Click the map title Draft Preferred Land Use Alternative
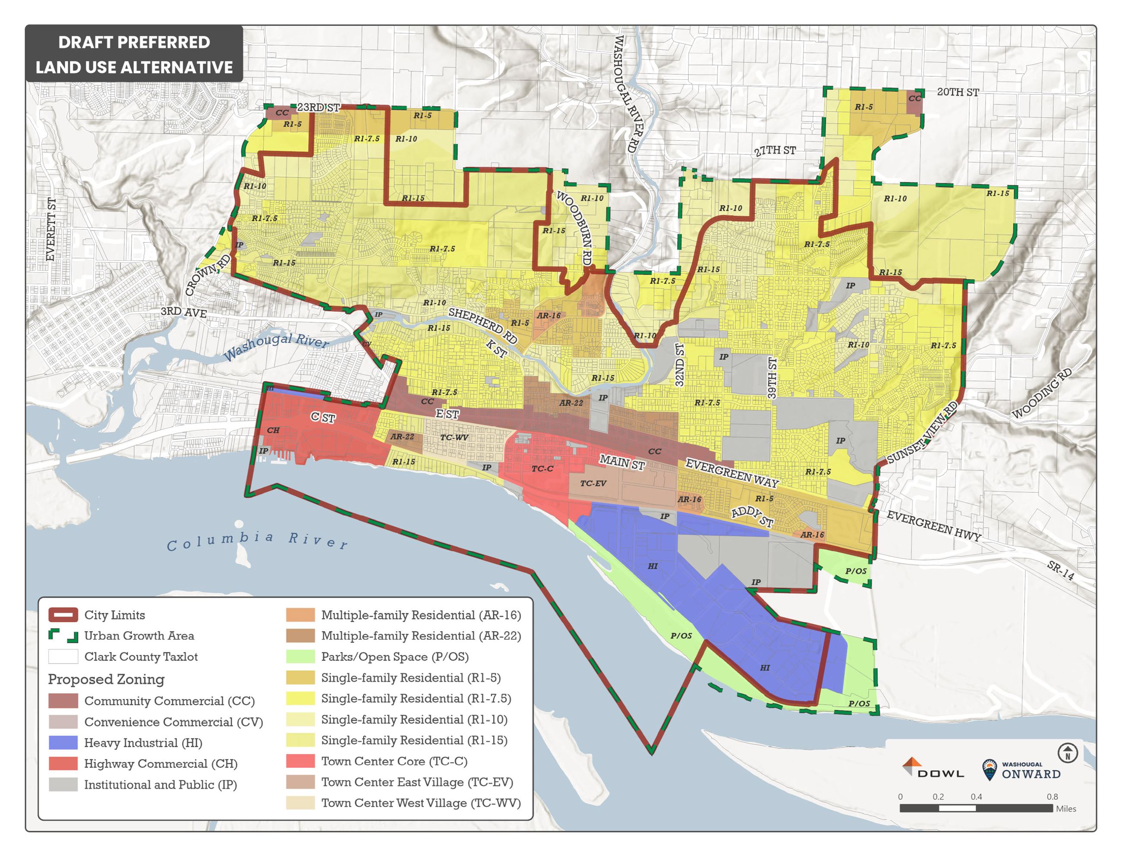134,54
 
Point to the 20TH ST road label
958,92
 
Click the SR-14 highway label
1060,570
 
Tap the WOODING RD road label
1042,393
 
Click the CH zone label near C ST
273,430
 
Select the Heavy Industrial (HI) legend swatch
63,742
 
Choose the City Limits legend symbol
63,614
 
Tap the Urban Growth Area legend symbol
63,635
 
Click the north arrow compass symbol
1067,753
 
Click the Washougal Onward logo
1021,770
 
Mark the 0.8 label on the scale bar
1052,797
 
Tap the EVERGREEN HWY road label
933,525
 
